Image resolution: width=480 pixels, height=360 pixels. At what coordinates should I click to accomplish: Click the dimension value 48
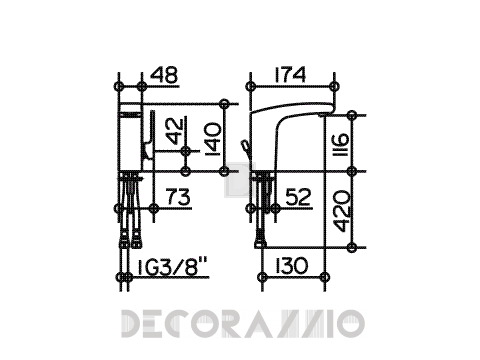[164, 75]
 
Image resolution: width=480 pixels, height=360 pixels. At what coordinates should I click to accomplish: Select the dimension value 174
[290, 75]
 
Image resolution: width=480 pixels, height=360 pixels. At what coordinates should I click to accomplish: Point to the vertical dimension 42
[176, 131]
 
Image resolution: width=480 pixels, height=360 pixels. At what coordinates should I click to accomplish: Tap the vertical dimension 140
[213, 139]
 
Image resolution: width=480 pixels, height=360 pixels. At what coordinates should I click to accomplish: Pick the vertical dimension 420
[342, 211]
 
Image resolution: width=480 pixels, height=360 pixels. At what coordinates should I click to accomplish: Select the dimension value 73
[178, 197]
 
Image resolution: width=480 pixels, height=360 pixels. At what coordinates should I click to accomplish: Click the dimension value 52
[298, 197]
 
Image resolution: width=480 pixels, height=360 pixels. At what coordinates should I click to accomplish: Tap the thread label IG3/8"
[172, 266]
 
